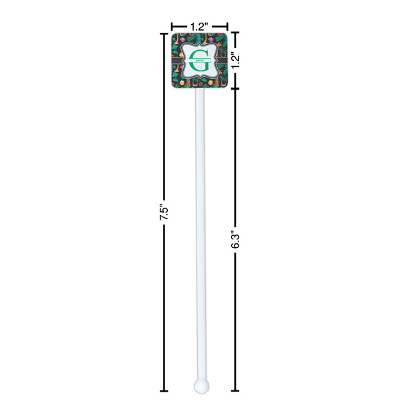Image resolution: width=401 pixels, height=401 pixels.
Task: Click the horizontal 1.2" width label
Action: (x=198, y=26)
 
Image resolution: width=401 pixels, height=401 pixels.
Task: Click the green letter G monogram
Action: (x=198, y=61)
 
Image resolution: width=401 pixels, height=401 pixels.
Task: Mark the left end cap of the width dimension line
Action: (x=171, y=26)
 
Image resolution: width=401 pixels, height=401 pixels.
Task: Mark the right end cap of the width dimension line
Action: (x=227, y=26)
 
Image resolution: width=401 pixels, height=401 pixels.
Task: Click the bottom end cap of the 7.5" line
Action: (x=164, y=391)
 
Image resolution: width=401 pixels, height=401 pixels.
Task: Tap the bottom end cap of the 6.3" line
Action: (x=235, y=391)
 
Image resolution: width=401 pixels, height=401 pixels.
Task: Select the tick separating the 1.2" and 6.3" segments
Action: (x=235, y=90)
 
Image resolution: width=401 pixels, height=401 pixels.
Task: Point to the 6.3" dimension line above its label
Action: (x=235, y=160)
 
